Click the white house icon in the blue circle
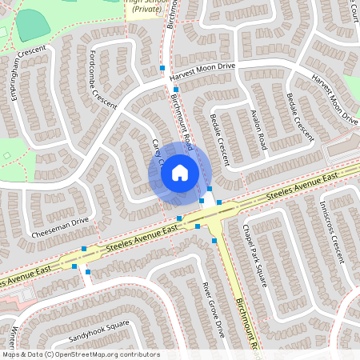180,172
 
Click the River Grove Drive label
213,308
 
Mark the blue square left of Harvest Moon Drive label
162,69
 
